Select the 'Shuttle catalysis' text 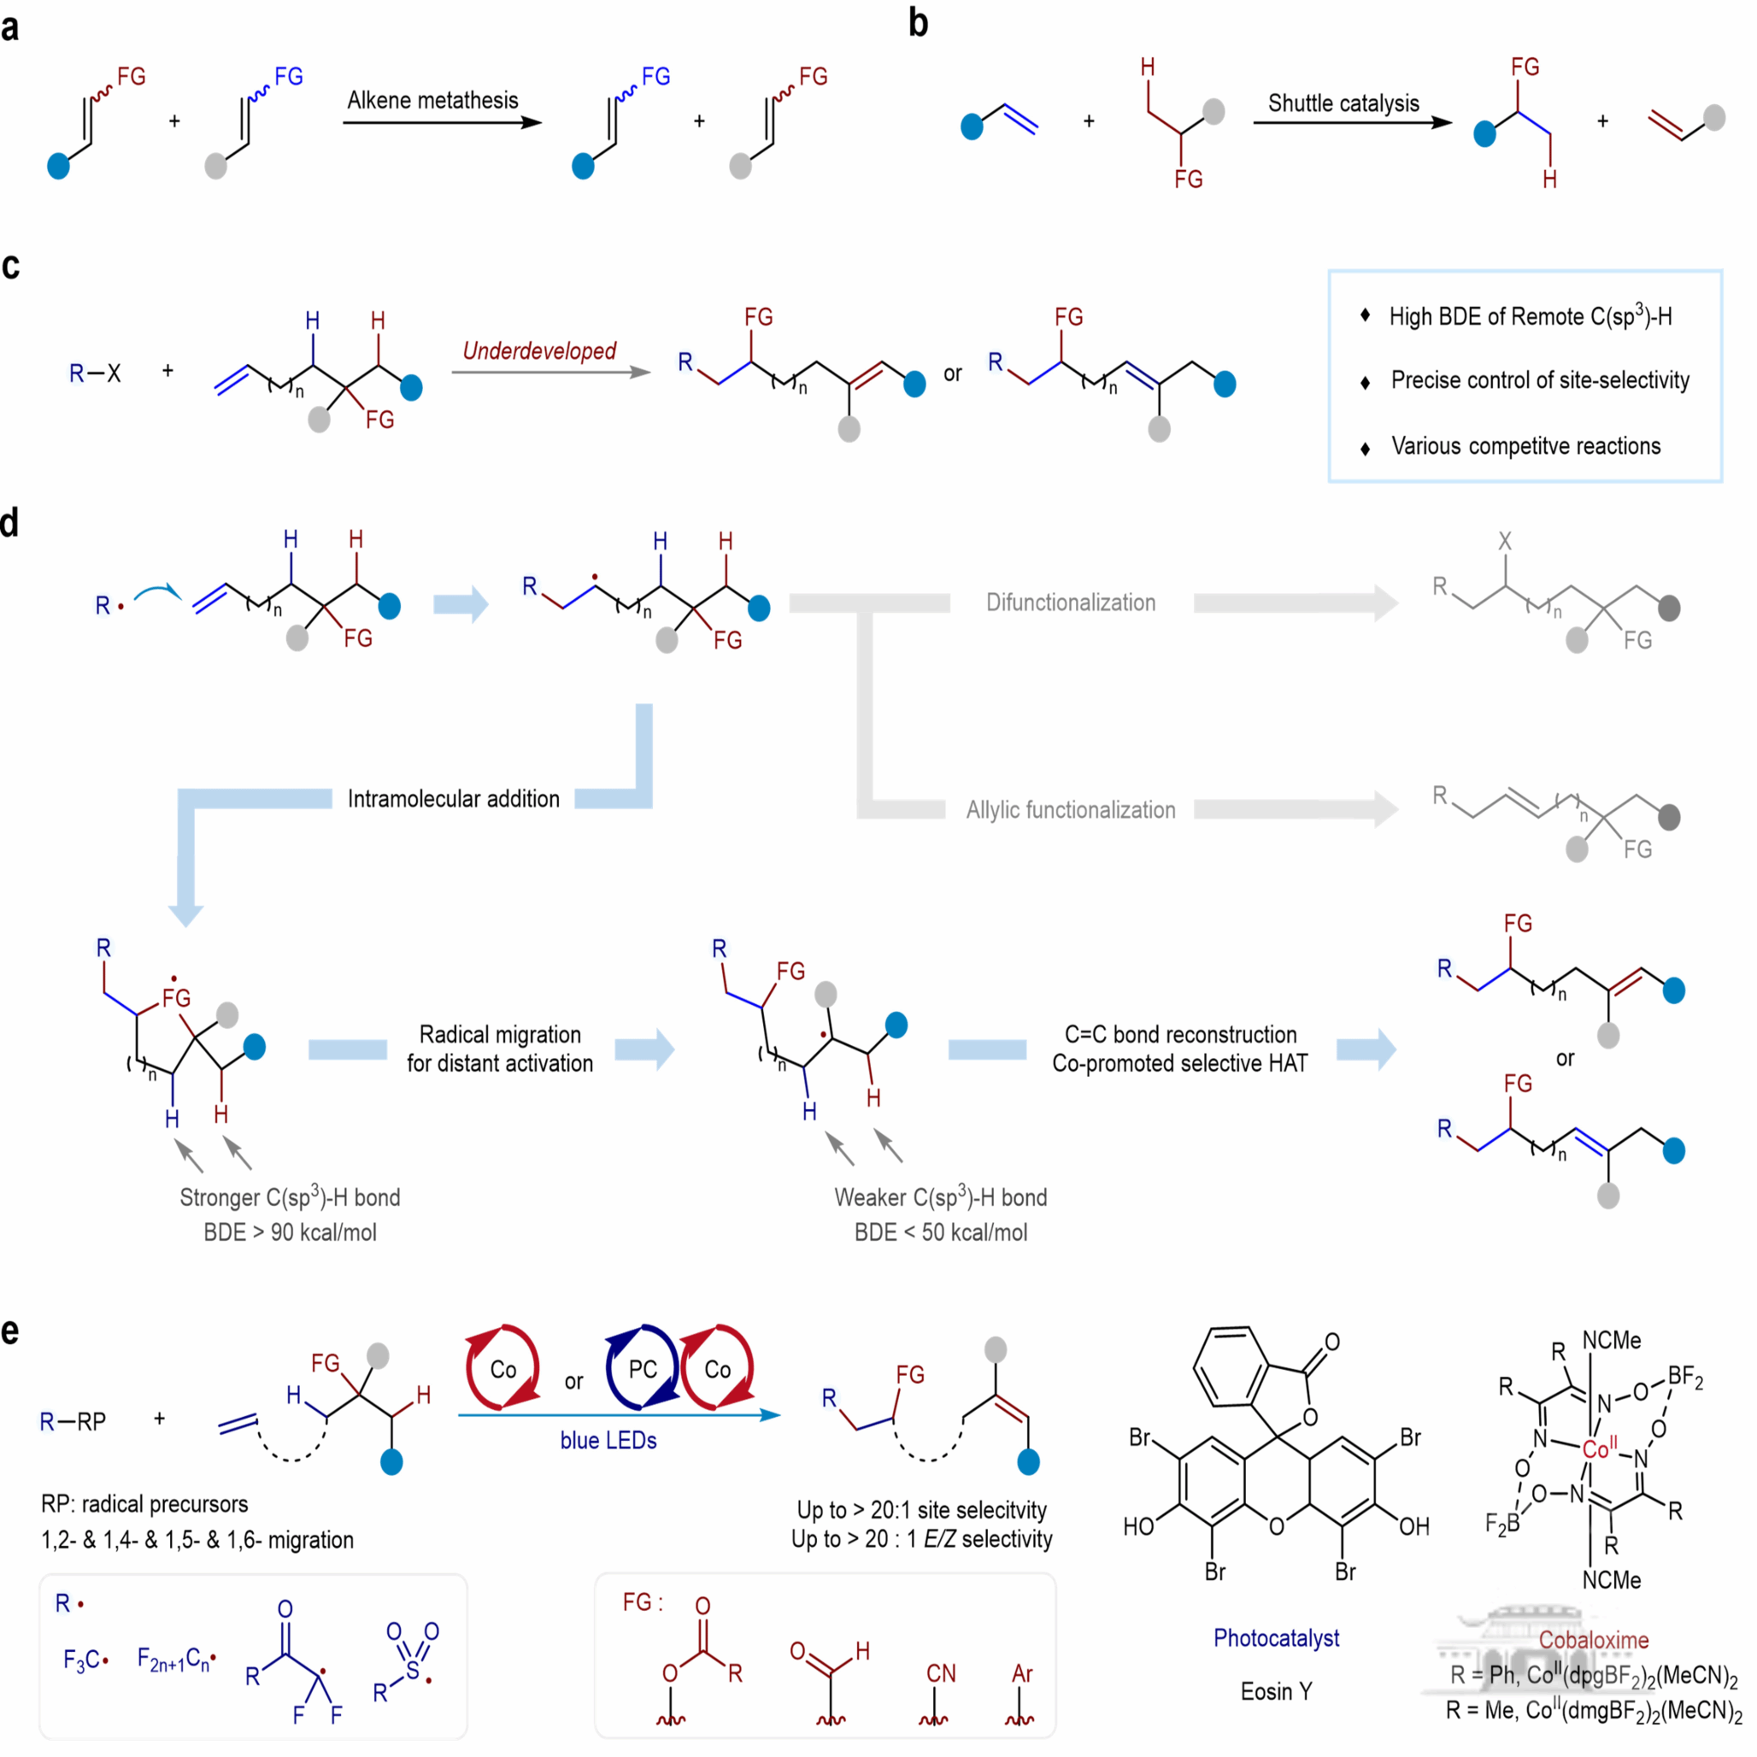click(1343, 103)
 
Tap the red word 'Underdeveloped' click(539, 351)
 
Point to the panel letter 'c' click(11, 266)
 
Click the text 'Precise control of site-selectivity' click(1540, 380)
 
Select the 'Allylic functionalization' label click(1071, 810)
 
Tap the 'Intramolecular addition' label click(453, 799)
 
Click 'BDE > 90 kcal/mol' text click(290, 1232)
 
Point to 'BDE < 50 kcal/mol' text click(940, 1232)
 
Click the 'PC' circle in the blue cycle click(642, 1370)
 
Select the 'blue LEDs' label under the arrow click(608, 1441)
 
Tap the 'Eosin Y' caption click(1276, 1691)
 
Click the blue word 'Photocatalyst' click(1276, 1638)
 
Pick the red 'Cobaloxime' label click(1593, 1640)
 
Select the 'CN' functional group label click(940, 1673)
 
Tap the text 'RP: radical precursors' click(144, 1504)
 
